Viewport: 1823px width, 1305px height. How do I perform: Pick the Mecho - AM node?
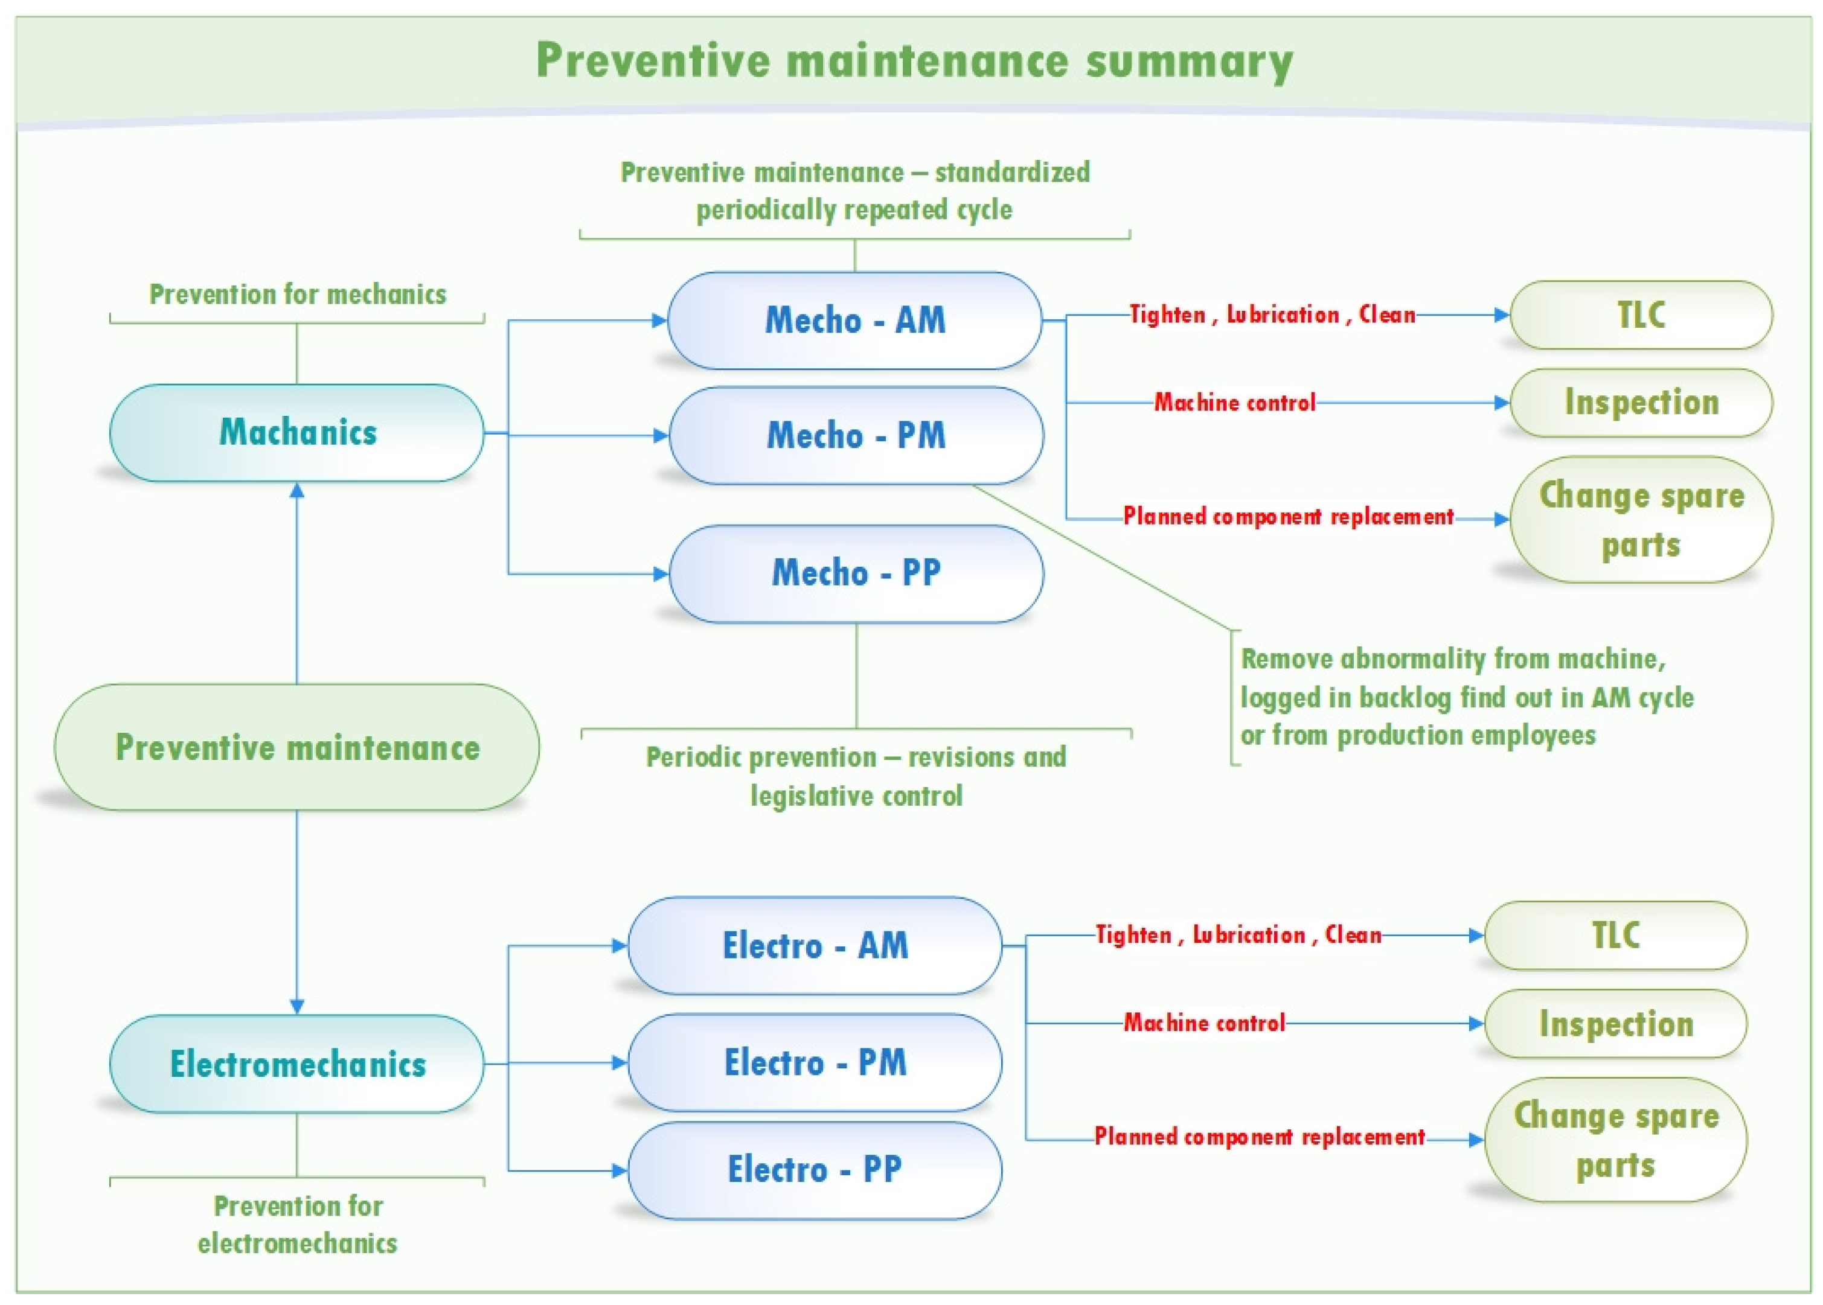[854, 320]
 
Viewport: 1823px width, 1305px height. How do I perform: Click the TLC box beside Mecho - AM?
[1641, 314]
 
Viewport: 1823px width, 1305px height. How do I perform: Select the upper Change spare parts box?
[1641, 519]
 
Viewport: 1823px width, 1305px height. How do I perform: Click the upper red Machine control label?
[1235, 402]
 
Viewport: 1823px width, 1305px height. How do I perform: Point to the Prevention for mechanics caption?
[298, 294]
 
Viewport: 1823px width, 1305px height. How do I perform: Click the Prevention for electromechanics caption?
[298, 1225]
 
